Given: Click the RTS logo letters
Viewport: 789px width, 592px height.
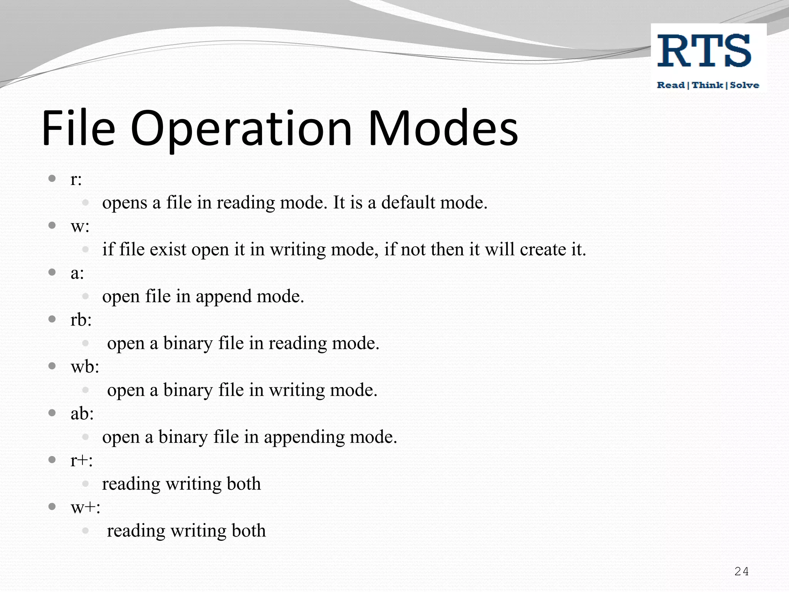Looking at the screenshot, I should (x=704, y=51).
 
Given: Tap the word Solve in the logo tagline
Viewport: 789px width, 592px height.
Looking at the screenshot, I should (x=744, y=85).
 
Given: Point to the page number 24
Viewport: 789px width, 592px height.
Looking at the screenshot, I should (x=741, y=571).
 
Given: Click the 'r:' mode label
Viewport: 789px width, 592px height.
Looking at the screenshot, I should (x=76, y=180).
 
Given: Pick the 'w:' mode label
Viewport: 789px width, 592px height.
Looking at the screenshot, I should (x=80, y=227).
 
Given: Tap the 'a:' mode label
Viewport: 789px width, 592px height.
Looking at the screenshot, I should (x=77, y=273).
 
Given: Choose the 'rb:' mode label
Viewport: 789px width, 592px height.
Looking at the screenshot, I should (x=81, y=320).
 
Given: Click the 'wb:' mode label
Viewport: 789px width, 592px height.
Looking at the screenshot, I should (x=85, y=367).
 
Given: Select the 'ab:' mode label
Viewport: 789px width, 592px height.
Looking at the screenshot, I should (x=82, y=414).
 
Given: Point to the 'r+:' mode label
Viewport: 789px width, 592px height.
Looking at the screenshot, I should (x=81, y=460).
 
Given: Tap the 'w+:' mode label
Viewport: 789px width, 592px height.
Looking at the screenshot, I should (x=85, y=507).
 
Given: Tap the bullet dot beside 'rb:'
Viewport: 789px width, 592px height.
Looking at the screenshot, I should (x=52, y=319).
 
